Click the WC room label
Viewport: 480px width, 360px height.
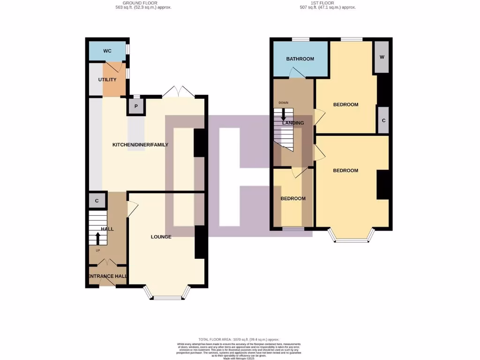point(107,51)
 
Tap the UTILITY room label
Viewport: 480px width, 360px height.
point(107,80)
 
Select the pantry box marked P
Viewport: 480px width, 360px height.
point(136,106)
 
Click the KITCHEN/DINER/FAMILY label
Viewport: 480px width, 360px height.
point(140,145)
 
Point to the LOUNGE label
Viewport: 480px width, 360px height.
point(161,237)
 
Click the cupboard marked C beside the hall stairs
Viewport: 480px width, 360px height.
point(97,201)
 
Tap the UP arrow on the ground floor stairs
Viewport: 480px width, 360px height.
point(97,239)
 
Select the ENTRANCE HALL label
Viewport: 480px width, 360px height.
point(107,277)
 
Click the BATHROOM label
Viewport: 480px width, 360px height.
point(300,59)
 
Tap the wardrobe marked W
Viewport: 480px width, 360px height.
point(382,57)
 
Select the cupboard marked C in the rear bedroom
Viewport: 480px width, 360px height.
point(383,120)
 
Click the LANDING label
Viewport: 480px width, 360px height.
point(293,123)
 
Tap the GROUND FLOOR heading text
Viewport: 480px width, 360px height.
point(143,3)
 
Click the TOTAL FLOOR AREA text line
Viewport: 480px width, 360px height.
point(240,339)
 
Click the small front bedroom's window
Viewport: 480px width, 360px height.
point(293,229)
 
